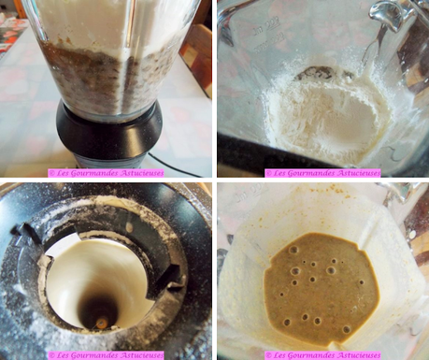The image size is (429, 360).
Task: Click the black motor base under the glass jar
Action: pyautogui.click(x=109, y=137)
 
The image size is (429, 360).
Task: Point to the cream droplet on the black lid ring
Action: pyautogui.click(x=128, y=226)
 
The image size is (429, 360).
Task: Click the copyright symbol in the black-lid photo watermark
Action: pyautogui.click(x=51, y=355)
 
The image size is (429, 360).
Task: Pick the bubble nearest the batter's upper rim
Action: pyautogui.click(x=293, y=250)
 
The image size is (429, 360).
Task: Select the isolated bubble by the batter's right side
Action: pyautogui.click(x=361, y=282)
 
